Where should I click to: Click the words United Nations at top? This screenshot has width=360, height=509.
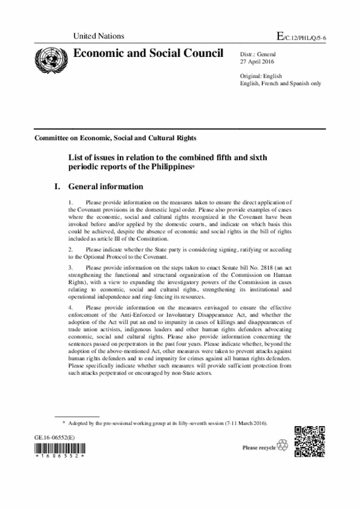click(x=98, y=36)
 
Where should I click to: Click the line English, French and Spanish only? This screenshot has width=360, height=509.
click(x=280, y=83)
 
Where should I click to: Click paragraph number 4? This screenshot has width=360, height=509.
click(x=69, y=307)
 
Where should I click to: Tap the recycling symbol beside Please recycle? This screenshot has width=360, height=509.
click(x=282, y=447)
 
